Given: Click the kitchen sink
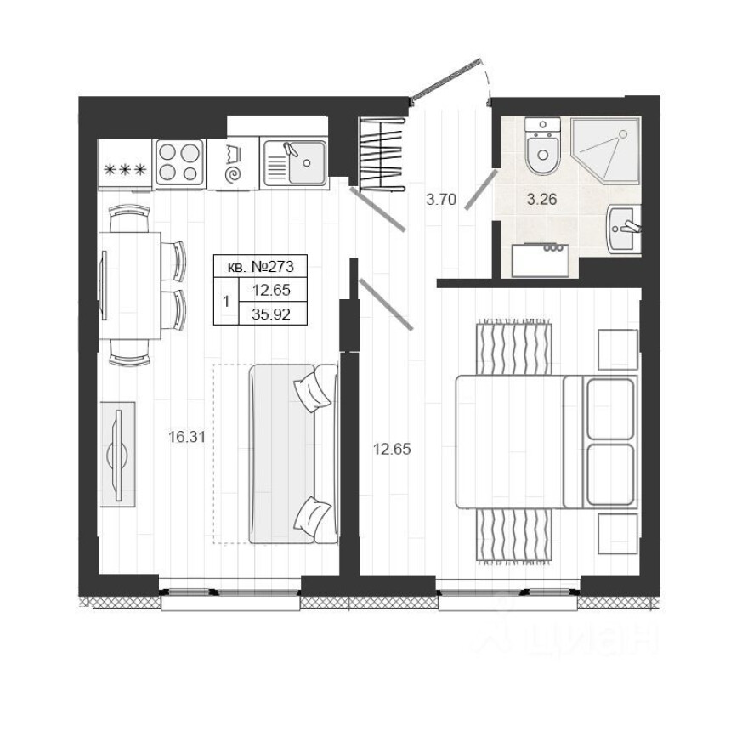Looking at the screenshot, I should [x=294, y=162].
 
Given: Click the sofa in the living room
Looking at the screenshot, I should [x=292, y=454].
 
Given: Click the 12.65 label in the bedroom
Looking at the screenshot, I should [x=392, y=449].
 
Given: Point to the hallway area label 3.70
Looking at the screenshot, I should [x=441, y=201].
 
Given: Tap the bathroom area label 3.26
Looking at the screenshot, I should [x=542, y=201].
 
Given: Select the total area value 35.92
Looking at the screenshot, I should [x=272, y=312].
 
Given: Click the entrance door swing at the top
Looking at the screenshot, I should [x=450, y=81].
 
